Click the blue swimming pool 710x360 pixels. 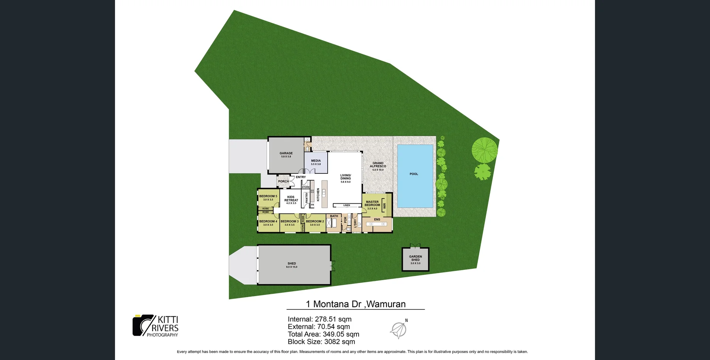tap(415, 176)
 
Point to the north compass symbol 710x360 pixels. tap(399, 329)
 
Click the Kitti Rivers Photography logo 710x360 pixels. tap(156, 326)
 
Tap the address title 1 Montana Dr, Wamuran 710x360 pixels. tap(355, 304)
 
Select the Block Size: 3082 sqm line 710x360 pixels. tap(321, 342)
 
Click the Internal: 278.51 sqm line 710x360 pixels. tap(319, 319)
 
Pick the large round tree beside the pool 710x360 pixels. tap(484, 149)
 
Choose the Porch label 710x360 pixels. tap(284, 181)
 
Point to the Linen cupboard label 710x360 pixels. tap(346, 205)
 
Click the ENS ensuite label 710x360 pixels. tap(377, 219)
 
